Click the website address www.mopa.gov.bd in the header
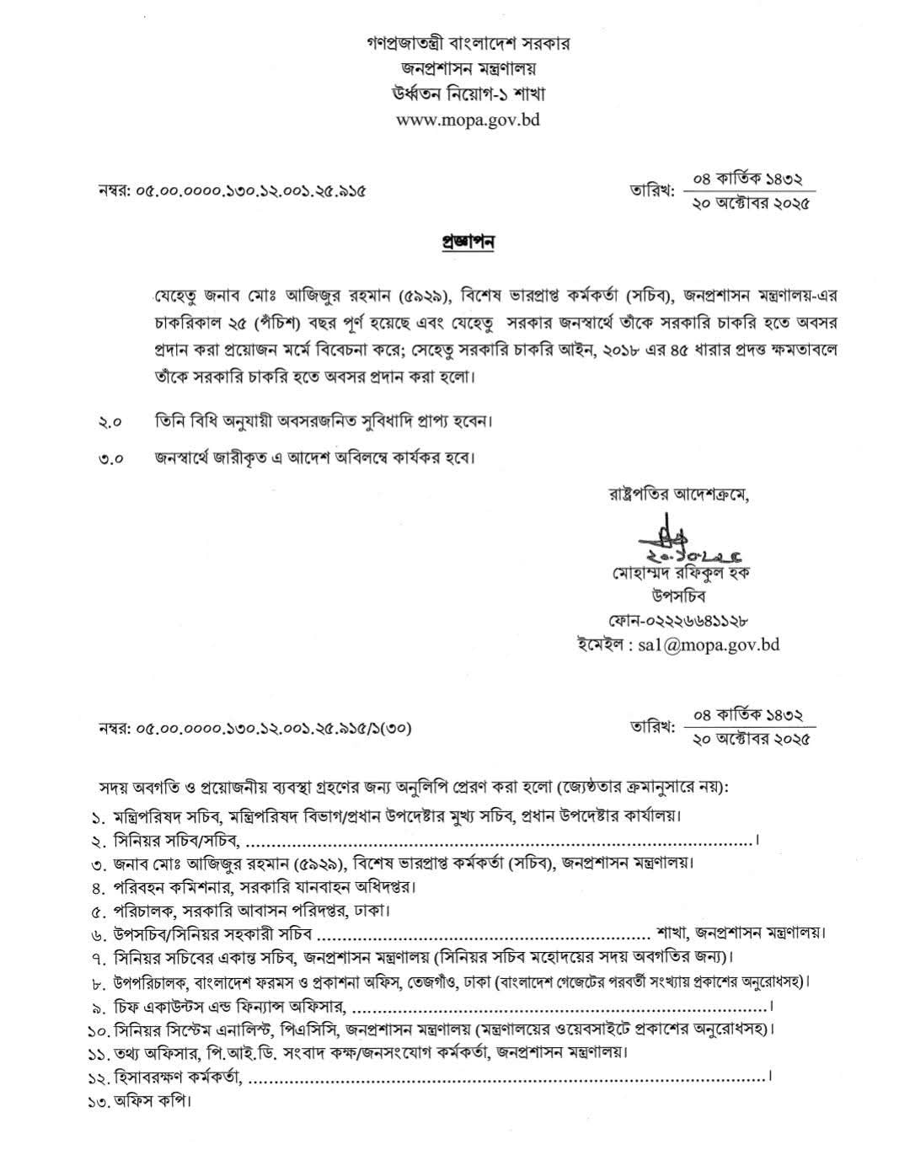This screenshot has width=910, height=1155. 468,119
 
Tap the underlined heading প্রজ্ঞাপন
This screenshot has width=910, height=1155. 468,242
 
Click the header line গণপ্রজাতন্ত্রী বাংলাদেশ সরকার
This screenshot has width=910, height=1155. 468,43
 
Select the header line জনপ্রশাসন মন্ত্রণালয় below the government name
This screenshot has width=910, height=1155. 468,68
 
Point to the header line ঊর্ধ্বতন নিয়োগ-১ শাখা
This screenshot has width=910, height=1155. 468,94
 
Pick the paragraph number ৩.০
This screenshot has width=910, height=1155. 110,459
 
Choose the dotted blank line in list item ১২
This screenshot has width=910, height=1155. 506,1077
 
